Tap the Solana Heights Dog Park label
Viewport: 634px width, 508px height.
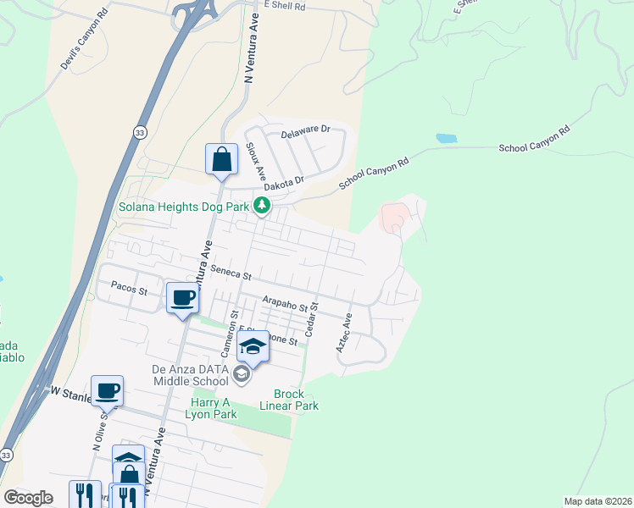tap(184, 207)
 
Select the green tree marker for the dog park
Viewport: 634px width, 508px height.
tap(263, 205)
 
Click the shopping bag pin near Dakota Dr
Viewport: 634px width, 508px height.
tap(221, 159)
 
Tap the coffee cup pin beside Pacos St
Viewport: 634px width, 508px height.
tap(183, 298)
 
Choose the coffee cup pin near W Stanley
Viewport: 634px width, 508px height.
tap(107, 390)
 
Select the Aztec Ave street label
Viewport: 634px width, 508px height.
tap(343, 335)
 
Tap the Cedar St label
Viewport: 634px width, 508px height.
tap(311, 319)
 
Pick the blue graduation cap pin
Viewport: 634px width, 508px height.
tap(253, 346)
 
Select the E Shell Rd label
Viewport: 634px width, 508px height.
tap(283, 4)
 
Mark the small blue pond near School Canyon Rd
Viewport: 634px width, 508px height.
tap(447, 138)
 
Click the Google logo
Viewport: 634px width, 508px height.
tap(28, 498)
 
